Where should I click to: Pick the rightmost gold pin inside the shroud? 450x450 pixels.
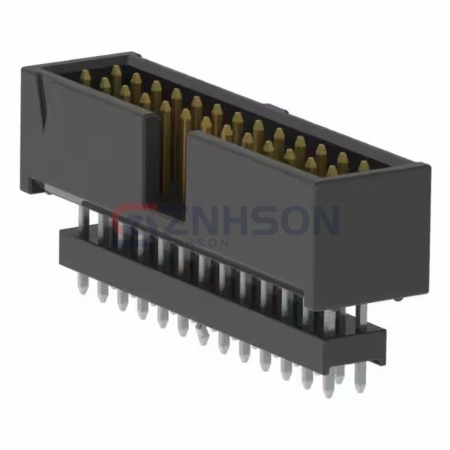(364, 166)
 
